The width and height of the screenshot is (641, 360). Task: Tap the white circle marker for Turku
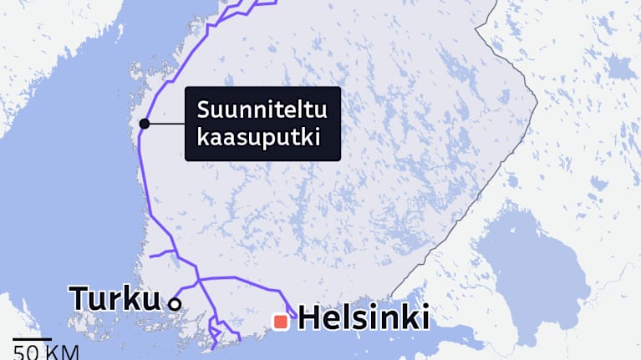[x=175, y=304]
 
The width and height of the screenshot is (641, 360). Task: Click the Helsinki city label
[x=364, y=318]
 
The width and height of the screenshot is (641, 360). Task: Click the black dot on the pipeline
[x=145, y=124]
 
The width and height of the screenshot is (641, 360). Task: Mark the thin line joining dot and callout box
[x=165, y=124]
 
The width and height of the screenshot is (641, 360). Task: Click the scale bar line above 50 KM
[x=33, y=341]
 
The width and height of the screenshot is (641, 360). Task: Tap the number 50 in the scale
[x=24, y=352]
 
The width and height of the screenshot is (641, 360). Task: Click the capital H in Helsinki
[x=309, y=318]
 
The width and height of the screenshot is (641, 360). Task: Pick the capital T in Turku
[x=80, y=298]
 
